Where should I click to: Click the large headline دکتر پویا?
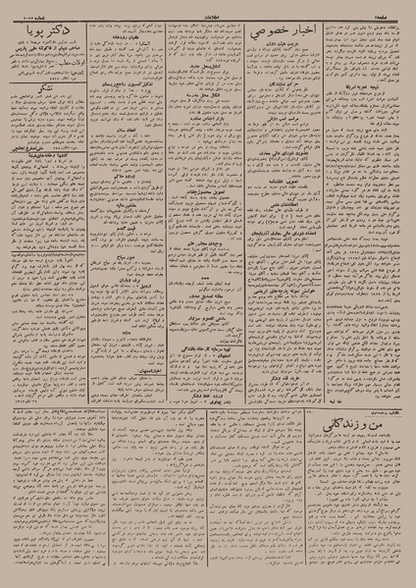[45, 38]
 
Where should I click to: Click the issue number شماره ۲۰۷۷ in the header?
[28, 14]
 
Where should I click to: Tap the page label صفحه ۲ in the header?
[390, 14]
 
